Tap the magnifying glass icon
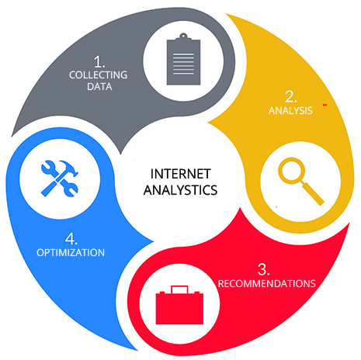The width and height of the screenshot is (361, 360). [300, 181]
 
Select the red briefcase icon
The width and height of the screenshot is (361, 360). [179, 305]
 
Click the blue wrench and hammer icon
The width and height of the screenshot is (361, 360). [60, 178]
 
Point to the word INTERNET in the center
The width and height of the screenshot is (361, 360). [180, 174]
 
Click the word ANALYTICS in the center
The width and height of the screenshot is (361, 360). [180, 190]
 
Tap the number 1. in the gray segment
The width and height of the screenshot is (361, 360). [99, 62]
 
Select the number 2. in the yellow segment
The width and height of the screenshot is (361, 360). [290, 96]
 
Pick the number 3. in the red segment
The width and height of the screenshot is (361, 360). [264, 269]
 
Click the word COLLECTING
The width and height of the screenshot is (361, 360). [99, 75]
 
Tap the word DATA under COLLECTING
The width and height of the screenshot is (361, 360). [99, 87]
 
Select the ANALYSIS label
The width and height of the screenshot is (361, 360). [290, 111]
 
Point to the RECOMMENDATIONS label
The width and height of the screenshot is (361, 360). [267, 284]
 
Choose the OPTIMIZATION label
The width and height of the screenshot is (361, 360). [71, 253]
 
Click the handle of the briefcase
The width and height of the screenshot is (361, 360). [179, 289]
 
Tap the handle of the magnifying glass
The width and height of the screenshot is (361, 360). [312, 193]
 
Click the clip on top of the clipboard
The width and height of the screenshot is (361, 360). [183, 36]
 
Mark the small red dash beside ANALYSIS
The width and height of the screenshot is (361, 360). [325, 105]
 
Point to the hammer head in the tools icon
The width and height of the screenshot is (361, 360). [69, 168]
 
